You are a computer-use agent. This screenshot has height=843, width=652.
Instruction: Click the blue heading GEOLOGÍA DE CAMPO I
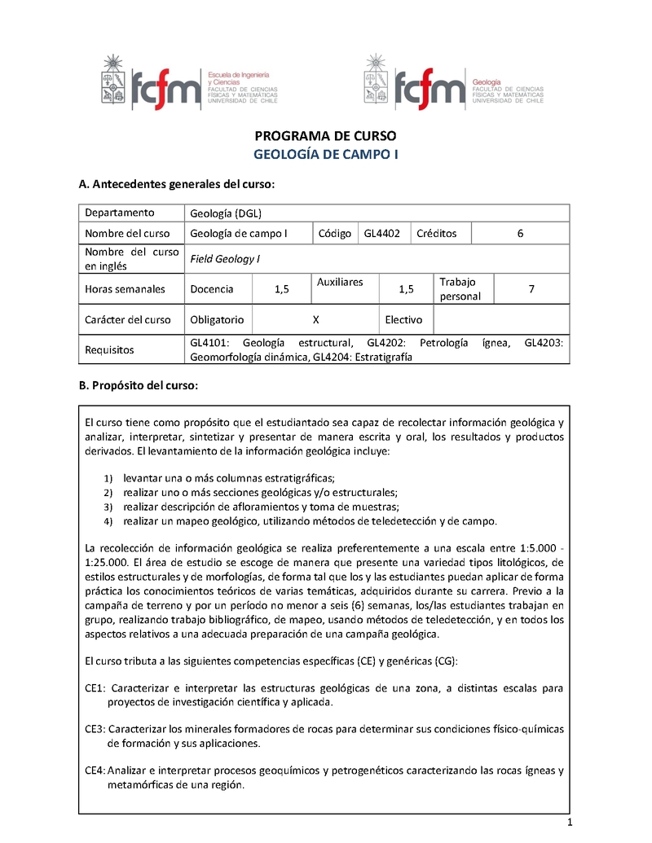pyautogui.click(x=325, y=154)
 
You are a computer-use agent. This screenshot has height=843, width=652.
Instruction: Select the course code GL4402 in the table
pyautogui.click(x=382, y=234)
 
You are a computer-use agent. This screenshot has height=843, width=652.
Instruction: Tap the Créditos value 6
pyautogui.click(x=520, y=234)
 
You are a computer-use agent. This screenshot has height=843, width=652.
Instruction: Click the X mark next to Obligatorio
pyautogui.click(x=315, y=320)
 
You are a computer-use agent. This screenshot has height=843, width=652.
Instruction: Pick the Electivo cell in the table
pyautogui.click(x=403, y=320)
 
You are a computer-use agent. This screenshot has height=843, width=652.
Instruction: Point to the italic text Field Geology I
pyautogui.click(x=224, y=259)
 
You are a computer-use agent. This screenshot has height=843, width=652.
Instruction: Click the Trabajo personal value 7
pyautogui.click(x=531, y=289)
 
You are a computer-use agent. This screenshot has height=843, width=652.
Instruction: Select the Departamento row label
pyautogui.click(x=120, y=213)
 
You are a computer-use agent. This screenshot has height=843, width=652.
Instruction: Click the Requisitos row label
pyautogui.click(x=110, y=350)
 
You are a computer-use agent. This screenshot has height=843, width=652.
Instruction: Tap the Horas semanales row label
pyautogui.click(x=125, y=289)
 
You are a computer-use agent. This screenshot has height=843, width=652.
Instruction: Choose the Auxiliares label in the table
pyautogui.click(x=340, y=282)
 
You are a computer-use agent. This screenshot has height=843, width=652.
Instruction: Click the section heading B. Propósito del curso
pyautogui.click(x=138, y=385)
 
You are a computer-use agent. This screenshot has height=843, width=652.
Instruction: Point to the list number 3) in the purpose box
pyautogui.click(x=108, y=507)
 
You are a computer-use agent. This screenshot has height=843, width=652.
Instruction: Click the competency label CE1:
pyautogui.click(x=96, y=688)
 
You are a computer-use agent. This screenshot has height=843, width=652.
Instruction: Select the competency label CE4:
pyautogui.click(x=96, y=770)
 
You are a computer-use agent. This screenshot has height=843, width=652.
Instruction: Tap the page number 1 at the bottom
pyautogui.click(x=570, y=823)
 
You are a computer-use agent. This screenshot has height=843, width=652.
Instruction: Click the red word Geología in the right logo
pyautogui.click(x=487, y=83)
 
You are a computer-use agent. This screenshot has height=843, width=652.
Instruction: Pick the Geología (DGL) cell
pyautogui.click(x=214, y=213)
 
